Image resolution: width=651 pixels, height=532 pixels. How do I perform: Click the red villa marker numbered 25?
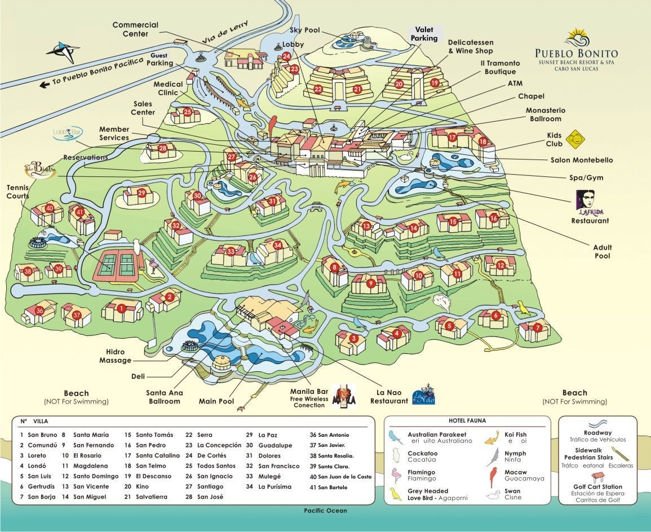[x=188, y=112]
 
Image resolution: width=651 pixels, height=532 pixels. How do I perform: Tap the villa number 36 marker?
[x=39, y=311]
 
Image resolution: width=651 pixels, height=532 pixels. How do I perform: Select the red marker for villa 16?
[x=494, y=218]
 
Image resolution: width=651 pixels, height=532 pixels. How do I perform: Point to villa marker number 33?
[x=231, y=251]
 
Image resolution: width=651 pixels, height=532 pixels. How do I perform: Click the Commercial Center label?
[x=135, y=29]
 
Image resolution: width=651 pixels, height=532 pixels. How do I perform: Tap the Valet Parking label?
[x=424, y=34]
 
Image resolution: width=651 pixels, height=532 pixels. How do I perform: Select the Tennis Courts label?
[x=18, y=192]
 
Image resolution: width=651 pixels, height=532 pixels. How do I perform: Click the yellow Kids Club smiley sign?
[x=574, y=136]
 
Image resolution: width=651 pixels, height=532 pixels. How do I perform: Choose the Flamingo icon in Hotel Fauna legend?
[x=396, y=474]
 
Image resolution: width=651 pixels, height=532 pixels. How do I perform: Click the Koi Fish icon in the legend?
[x=492, y=436]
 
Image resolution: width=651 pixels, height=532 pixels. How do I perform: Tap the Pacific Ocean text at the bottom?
[x=325, y=511]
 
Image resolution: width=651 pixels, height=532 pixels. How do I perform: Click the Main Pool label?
[x=216, y=402]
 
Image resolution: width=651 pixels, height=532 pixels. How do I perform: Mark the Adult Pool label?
[x=602, y=251]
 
